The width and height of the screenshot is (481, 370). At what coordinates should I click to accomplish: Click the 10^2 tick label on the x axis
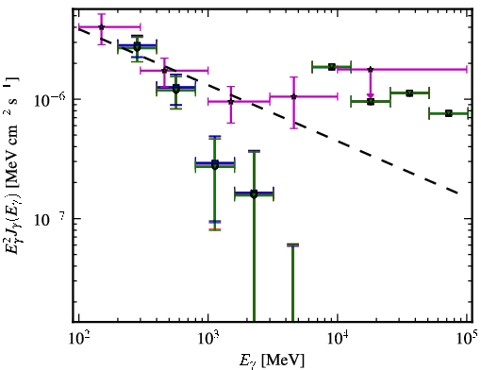click(x=79, y=338)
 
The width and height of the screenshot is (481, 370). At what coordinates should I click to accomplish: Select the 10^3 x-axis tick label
click(x=209, y=338)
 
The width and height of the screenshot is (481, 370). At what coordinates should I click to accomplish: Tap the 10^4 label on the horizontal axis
click(x=339, y=338)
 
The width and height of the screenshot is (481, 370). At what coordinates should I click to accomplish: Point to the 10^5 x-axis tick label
click(x=468, y=338)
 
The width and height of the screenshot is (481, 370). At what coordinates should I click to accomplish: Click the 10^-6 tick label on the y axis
click(x=50, y=100)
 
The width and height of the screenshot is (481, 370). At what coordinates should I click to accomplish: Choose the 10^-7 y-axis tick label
click(x=50, y=219)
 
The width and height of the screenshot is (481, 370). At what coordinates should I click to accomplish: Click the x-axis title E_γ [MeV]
click(x=272, y=361)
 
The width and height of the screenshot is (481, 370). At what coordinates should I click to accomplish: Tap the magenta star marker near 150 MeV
click(x=101, y=27)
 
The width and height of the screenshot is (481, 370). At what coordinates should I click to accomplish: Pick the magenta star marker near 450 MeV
click(x=164, y=70)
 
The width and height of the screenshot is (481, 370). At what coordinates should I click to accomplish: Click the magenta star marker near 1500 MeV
click(x=231, y=102)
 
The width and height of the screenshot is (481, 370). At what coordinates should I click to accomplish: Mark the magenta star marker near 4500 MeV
click(x=294, y=96)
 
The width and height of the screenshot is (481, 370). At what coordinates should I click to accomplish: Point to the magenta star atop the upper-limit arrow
click(x=371, y=69)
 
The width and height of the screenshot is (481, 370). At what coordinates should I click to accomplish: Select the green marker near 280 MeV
click(x=137, y=46)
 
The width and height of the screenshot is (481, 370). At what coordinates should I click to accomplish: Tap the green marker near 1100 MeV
click(x=215, y=164)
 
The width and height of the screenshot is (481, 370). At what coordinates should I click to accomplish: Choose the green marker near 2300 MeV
click(x=254, y=193)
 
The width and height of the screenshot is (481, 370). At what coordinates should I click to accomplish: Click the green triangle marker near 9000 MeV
click(x=332, y=67)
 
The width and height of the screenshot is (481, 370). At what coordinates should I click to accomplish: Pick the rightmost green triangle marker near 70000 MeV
click(x=449, y=113)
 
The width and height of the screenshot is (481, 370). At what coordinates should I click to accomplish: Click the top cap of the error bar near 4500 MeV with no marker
click(x=292, y=245)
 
